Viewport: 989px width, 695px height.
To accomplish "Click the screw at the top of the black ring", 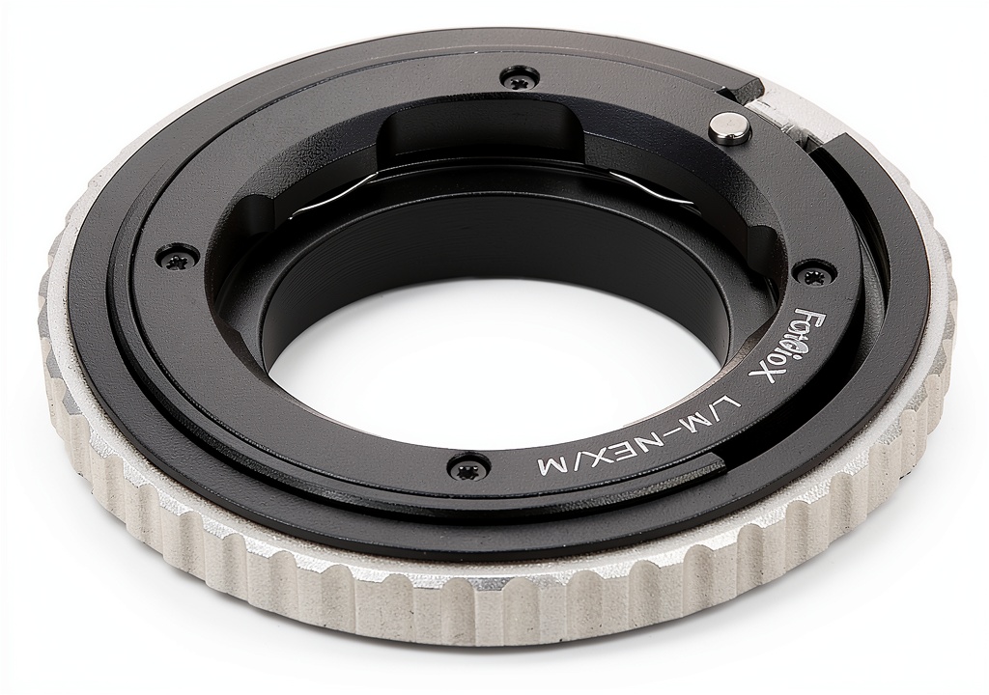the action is click(514, 77).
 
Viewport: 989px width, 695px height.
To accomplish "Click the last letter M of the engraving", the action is click(549, 465).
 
